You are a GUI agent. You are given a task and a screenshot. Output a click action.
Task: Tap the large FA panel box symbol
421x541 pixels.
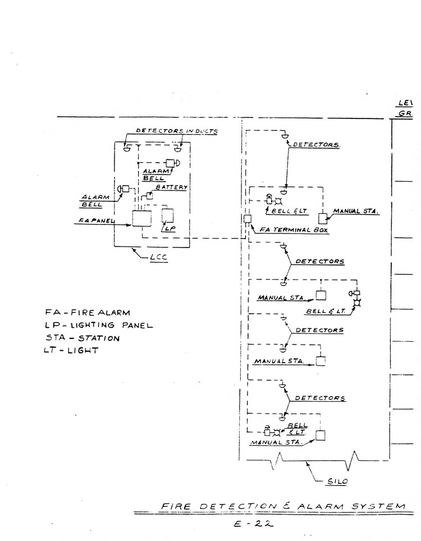141,218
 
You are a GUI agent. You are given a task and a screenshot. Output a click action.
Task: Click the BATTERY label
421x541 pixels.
172,187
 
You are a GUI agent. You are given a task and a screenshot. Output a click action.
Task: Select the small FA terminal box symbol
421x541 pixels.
246,219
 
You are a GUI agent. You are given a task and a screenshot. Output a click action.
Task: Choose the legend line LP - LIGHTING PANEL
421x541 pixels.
99,325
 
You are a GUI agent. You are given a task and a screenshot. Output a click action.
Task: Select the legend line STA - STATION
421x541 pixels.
83,338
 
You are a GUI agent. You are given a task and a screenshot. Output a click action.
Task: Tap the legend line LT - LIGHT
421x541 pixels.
71,351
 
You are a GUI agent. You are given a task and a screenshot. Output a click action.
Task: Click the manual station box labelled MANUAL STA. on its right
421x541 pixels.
323,219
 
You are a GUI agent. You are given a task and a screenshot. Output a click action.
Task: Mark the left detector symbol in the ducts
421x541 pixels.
126,148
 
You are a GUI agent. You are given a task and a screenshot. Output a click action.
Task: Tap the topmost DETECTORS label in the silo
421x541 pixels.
317,145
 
